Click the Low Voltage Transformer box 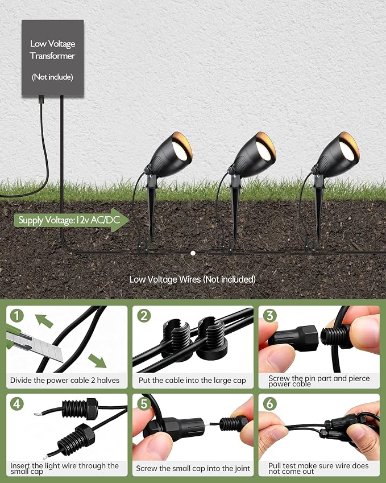click(53, 58)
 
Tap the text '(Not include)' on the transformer click(52, 77)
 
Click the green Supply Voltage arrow click(72, 220)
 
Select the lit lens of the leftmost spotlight click(180, 150)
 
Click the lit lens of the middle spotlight click(263, 150)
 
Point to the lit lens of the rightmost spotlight click(347, 150)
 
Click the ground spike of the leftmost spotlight click(151, 209)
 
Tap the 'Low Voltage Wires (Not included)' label click(192, 279)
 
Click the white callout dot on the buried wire click(193, 253)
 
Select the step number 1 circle click(16, 316)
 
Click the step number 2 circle click(144, 316)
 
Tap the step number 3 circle click(270, 316)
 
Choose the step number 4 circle click(16, 404)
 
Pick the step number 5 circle click(144, 404)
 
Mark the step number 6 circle click(270, 404)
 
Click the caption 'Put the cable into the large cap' click(192, 381)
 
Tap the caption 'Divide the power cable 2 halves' click(65, 381)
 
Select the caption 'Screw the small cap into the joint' click(193, 469)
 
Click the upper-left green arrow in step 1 click(44, 321)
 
